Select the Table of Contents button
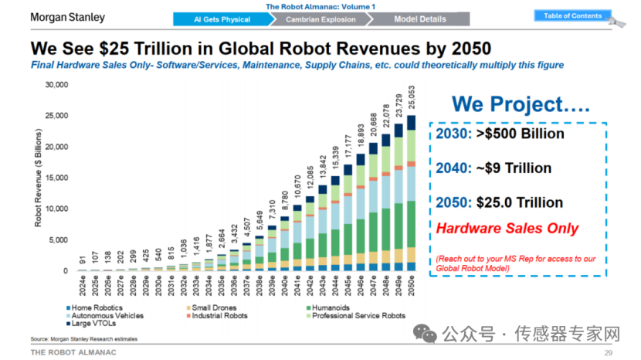pyautogui.click(x=572, y=16)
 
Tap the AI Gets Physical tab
pyautogui.click(x=223, y=19)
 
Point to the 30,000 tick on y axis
pyautogui.click(x=58, y=84)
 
